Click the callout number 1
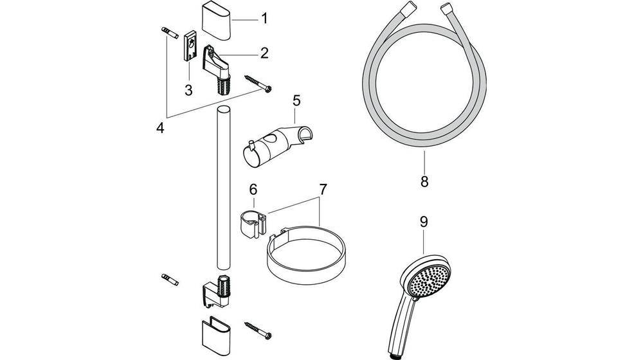[264, 19]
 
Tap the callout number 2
[264, 53]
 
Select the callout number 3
[188, 90]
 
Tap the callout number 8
[424, 181]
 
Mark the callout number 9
[424, 222]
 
